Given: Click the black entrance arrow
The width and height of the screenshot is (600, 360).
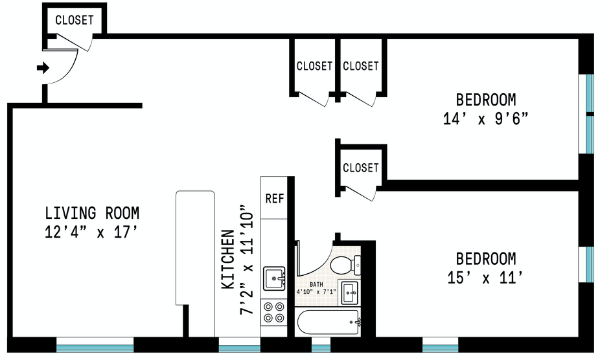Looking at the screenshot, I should [x=43, y=68].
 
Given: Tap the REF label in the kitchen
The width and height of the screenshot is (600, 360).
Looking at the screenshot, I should [x=274, y=198].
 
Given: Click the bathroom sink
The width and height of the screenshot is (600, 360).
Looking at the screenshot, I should [x=350, y=292].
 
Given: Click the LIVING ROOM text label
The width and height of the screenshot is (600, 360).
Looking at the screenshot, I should [x=92, y=212].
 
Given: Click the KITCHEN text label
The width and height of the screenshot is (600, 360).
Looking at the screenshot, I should [x=228, y=259].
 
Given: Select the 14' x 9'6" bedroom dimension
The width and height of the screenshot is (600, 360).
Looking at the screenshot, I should [x=486, y=120].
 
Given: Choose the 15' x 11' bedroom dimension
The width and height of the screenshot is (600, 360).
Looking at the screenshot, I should [x=486, y=278].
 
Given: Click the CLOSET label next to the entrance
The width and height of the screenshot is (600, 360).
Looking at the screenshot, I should [x=74, y=20].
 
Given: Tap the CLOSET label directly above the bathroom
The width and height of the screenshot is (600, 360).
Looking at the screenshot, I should [x=360, y=168].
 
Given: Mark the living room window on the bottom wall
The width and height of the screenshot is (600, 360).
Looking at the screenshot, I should [x=95, y=343].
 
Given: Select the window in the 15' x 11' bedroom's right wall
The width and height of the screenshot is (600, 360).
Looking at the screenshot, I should [x=590, y=264].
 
